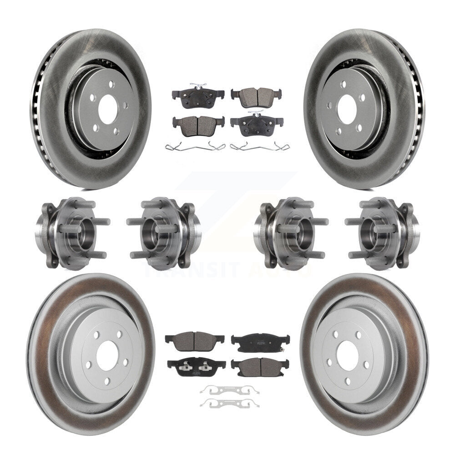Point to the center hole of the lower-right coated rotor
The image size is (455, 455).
point(348,353)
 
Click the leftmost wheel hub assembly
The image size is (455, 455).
point(71,233)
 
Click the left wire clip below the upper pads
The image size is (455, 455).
point(195,147)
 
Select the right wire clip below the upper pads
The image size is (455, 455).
point(260,147)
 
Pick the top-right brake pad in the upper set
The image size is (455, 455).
point(256,97)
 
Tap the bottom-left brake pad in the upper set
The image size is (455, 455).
point(198,125)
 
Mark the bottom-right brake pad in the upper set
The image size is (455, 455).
point(256,125)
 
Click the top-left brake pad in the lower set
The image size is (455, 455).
point(194,339)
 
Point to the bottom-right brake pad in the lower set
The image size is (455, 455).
point(259,366)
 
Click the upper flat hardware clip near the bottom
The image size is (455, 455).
point(229,389)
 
